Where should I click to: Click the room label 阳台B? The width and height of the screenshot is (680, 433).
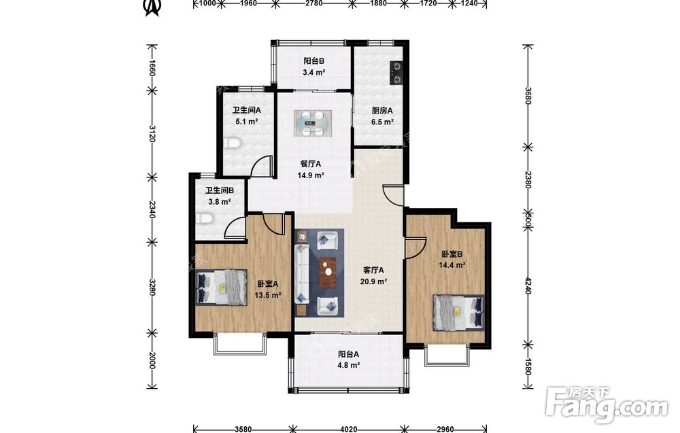[x=313, y=60]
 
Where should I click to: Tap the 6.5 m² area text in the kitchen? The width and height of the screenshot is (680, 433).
[x=382, y=122]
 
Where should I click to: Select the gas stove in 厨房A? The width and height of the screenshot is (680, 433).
[x=396, y=73]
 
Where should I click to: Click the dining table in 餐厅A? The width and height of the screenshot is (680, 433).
[x=313, y=124]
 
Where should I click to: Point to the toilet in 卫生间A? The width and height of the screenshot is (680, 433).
[x=232, y=143]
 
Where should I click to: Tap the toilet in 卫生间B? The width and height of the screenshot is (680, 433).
[x=204, y=218]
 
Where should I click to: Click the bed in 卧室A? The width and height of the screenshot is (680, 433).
[x=221, y=287]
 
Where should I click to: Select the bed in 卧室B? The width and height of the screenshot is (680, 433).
[x=458, y=313]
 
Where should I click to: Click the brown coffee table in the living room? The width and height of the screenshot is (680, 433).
[x=328, y=272]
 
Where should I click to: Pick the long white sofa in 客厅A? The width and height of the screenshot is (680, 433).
[x=301, y=274]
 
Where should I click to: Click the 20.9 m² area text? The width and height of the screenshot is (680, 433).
[x=373, y=281]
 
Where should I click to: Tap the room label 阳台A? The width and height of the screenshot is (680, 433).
[x=349, y=354]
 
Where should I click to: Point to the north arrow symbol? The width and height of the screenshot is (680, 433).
[x=152, y=7]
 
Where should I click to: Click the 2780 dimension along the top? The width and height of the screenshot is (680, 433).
[x=313, y=3]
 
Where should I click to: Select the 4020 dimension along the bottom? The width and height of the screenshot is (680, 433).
[x=349, y=429]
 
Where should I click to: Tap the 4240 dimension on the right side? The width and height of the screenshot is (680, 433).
[x=528, y=285]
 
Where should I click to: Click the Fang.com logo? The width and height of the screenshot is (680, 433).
[x=607, y=405]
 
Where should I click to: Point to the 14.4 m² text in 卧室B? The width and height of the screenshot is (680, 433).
[x=452, y=265]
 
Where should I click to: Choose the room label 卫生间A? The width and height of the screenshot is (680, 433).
[x=247, y=111]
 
